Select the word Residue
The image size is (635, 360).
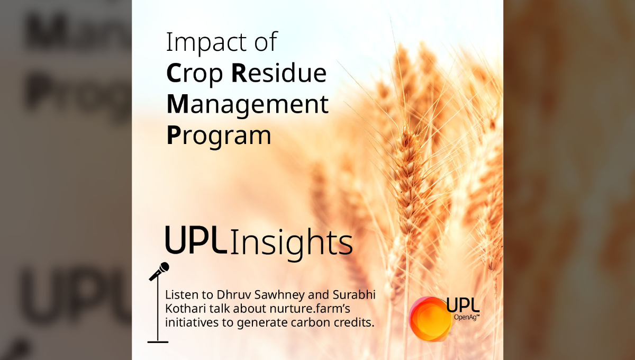279,73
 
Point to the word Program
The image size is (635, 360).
219,137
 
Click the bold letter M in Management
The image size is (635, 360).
177,104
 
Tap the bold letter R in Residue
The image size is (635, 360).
239,73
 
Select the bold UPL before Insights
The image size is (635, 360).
196,240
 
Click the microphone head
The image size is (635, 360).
164,267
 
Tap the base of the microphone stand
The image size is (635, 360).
158,342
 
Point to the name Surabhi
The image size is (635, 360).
354,295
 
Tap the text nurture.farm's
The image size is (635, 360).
310,308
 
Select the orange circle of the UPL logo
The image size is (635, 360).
430,319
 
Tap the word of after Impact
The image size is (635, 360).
266,42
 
